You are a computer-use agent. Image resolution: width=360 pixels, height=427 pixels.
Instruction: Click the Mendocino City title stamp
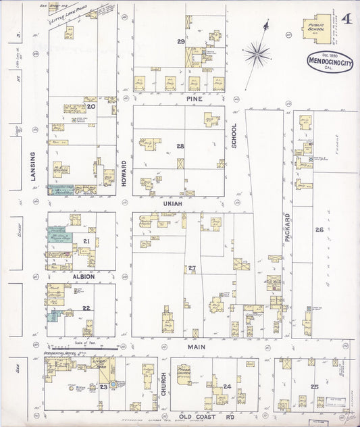tap(329, 62)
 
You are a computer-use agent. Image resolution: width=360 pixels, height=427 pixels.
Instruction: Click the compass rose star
tap(257, 53)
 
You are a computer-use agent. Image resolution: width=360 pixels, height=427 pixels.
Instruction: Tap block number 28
tap(180, 146)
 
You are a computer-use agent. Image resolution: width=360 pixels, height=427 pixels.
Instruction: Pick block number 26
tap(318, 230)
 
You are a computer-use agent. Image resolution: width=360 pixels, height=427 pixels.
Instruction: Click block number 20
tap(91, 106)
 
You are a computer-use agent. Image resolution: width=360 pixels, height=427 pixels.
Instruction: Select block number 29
tap(180, 42)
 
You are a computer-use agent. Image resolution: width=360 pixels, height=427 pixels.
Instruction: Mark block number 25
tap(314, 386)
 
